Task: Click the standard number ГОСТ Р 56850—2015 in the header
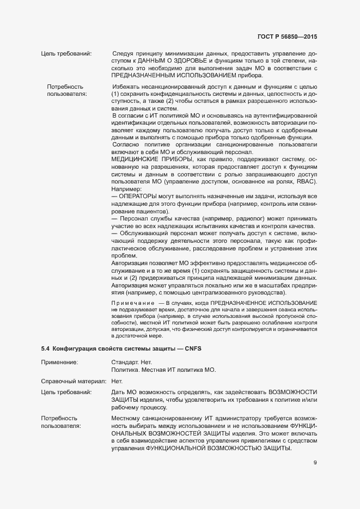point(286,37)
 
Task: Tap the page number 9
point(315,463)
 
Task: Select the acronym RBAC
point(305,181)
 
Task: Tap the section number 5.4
point(46,347)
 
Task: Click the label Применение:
point(59,361)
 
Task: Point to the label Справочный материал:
point(74,381)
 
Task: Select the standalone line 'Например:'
point(126,188)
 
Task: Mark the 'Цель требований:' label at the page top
point(66,53)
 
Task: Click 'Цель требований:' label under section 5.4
point(66,392)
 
